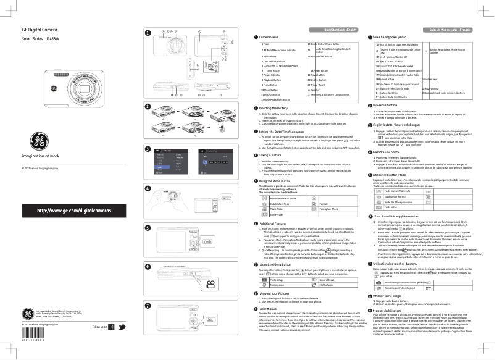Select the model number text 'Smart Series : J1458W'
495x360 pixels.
pyautogui.click(x=41, y=39)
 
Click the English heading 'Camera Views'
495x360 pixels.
pyautogui.click(x=270, y=38)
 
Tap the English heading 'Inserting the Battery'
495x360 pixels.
pyautogui.click(x=276, y=107)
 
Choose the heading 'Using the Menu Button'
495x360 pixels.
pyautogui.click(x=277, y=264)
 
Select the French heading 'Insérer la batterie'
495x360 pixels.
pyautogui.click(x=383, y=105)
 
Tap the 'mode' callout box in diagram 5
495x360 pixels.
pyautogui.click(x=224, y=240)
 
